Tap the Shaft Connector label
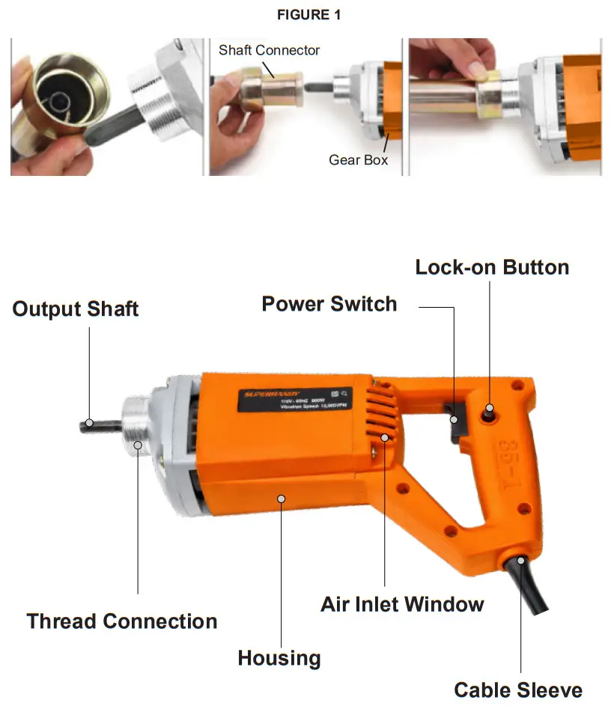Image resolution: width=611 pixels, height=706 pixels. (x=269, y=50)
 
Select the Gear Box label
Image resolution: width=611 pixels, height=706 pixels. (x=358, y=159)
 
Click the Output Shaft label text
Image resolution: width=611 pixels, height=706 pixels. (x=76, y=308)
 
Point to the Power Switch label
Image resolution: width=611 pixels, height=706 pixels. (x=329, y=303)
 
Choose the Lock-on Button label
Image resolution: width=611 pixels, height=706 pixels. (x=492, y=267)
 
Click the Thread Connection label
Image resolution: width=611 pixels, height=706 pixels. (x=122, y=621)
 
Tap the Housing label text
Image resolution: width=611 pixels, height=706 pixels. (x=279, y=658)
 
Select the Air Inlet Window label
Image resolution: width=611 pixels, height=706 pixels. (x=402, y=603)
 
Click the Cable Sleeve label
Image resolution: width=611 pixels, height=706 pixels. (x=518, y=690)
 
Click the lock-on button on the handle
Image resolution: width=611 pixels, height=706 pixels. (x=490, y=410)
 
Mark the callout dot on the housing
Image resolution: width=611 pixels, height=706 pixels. (x=280, y=498)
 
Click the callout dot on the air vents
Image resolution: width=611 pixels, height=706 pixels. (x=385, y=437)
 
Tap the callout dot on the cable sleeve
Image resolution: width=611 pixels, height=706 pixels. (x=520, y=560)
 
